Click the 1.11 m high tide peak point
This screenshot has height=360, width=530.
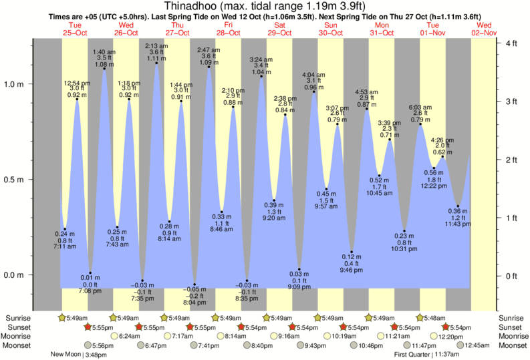tap(156, 64)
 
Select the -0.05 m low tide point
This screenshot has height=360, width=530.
tap(194, 285)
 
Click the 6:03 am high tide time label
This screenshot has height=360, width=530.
tap(420, 107)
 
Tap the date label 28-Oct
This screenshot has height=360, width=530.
tap(228, 32)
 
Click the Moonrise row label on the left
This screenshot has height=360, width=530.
tap(17, 336)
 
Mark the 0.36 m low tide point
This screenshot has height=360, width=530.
tap(458, 206)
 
